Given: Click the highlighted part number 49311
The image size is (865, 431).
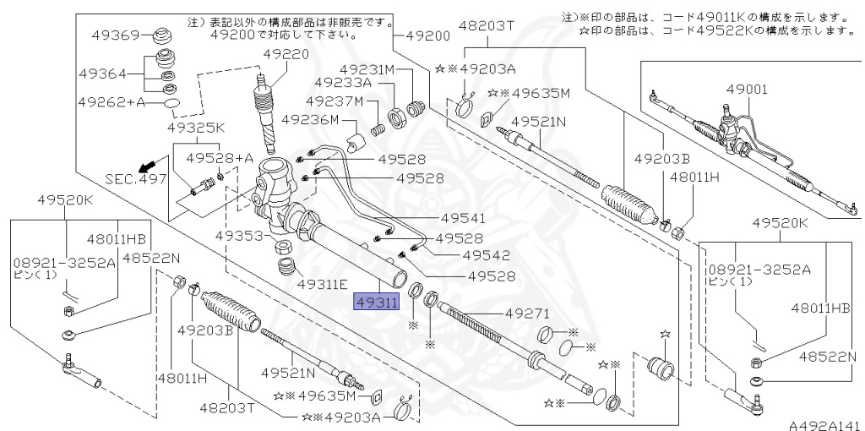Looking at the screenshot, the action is (376, 303).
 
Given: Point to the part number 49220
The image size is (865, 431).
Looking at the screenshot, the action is (286, 54).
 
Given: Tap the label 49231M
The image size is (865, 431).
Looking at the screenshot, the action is (367, 69).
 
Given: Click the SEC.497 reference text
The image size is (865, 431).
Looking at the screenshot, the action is (136, 178).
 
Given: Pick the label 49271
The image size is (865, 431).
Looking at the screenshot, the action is (528, 314).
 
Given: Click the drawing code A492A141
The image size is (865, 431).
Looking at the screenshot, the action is (825, 425).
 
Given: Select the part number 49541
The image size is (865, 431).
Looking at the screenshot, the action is (463, 218).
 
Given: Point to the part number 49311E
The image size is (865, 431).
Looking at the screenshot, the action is (323, 284).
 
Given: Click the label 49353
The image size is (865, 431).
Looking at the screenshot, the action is (238, 236).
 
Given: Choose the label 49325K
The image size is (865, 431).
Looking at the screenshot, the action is (197, 128).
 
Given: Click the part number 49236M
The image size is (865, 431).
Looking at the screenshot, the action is (310, 119).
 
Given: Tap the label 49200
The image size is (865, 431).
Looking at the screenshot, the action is (428, 35).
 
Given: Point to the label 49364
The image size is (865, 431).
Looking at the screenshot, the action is (102, 74).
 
